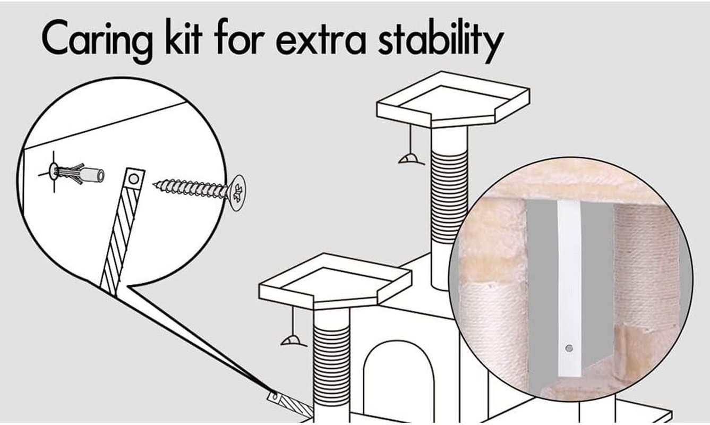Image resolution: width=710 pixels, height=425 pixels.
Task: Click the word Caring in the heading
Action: pyautogui.click(x=97, y=40)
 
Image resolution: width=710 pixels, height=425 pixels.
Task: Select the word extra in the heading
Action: pyautogui.click(x=321, y=40)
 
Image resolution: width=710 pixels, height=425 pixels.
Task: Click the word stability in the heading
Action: pyautogui.click(x=441, y=40)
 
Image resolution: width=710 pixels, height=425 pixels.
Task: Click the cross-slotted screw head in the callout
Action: pyautogui.click(x=237, y=193)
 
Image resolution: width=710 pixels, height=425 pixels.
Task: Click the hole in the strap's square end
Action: pyautogui.click(x=134, y=179)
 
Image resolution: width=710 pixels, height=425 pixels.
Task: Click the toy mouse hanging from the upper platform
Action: pyautogui.click(x=411, y=159)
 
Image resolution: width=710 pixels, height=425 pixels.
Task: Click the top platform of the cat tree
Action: pyautogui.click(x=454, y=99)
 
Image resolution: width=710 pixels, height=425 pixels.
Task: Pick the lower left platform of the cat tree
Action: pyautogui.click(x=335, y=281)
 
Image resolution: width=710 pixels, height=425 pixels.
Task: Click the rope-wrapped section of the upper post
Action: pyautogui.click(x=449, y=197)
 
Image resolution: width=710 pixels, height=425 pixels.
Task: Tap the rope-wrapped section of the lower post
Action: pyautogui.click(x=331, y=365)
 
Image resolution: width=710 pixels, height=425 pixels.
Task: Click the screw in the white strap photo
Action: pyautogui.click(x=569, y=348)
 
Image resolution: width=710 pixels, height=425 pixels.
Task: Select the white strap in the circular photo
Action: pyautogui.click(x=570, y=288)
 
